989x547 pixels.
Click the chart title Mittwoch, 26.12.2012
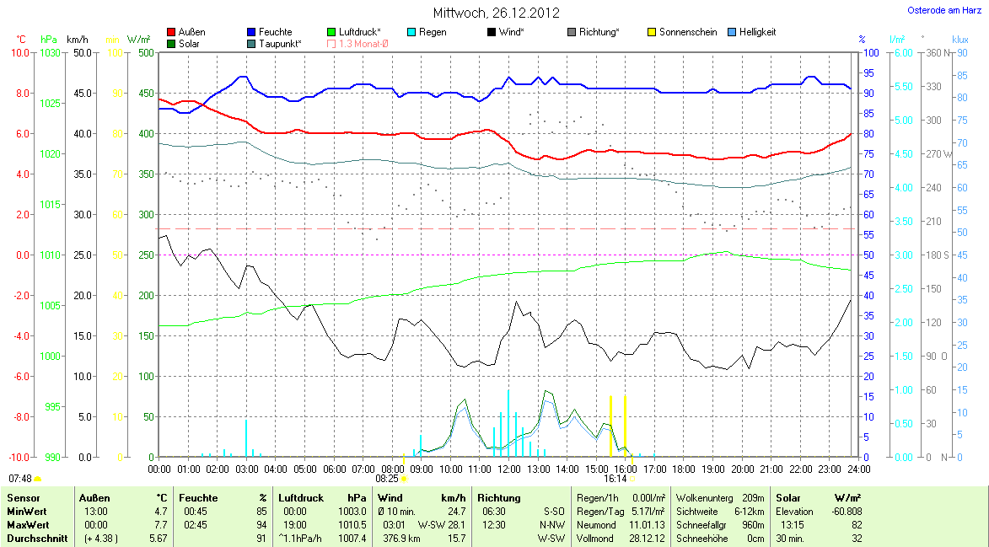(x=496, y=13)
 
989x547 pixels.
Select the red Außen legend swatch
(x=172, y=32)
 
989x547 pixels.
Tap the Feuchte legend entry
(x=276, y=32)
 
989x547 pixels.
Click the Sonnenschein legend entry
(x=688, y=32)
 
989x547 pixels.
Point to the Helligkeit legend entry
(x=757, y=32)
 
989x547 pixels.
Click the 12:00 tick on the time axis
(x=509, y=468)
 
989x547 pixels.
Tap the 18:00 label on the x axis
(x=684, y=468)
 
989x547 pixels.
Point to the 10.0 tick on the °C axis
(x=19, y=52)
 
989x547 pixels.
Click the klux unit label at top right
(x=959, y=39)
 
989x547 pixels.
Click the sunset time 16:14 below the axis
(x=615, y=478)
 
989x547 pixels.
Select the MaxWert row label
(x=26, y=524)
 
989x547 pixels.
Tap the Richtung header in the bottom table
(x=499, y=498)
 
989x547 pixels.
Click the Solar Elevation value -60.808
(x=846, y=511)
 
